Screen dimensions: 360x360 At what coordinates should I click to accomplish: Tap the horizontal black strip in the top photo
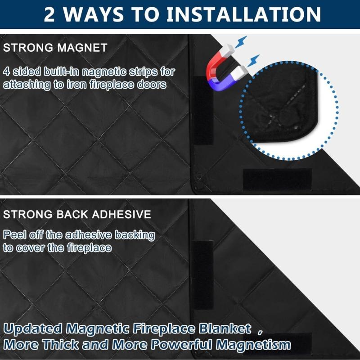point(277,179)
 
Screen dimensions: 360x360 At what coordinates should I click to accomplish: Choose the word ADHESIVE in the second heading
point(121,214)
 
